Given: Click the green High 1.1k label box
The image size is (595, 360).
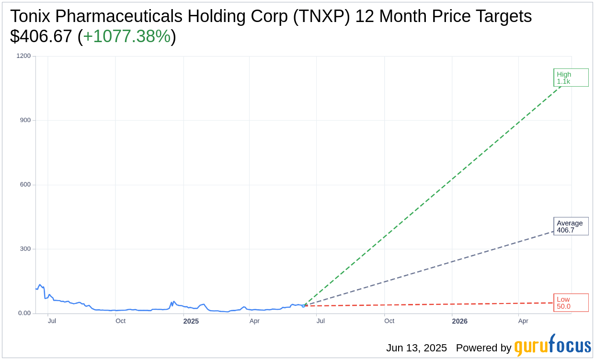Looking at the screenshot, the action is pyautogui.click(x=571, y=78).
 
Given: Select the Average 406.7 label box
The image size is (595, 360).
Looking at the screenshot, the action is pyautogui.click(x=571, y=226).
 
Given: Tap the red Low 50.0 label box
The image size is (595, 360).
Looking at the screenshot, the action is pyautogui.click(x=571, y=303).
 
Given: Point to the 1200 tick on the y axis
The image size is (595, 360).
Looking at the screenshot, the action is pyautogui.click(x=23, y=56).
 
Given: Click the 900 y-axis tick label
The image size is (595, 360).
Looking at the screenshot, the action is pyautogui.click(x=25, y=120).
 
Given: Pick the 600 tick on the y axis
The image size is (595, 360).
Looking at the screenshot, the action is pyautogui.click(x=25, y=185).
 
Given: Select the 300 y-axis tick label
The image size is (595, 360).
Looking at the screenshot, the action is pyautogui.click(x=25, y=249).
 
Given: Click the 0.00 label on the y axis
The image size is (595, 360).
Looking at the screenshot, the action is pyautogui.click(x=24, y=313).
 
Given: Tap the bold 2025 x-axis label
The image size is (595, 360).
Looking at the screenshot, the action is pyautogui.click(x=191, y=321).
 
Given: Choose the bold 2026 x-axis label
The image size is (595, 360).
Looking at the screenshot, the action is pyautogui.click(x=459, y=321).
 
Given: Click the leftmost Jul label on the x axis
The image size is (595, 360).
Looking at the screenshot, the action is pyautogui.click(x=52, y=321).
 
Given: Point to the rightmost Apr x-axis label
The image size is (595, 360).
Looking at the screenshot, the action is pyautogui.click(x=523, y=321).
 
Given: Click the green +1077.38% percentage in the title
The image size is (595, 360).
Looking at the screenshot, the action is pyautogui.click(x=126, y=36).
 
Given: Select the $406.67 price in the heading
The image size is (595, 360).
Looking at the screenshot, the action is pyautogui.click(x=41, y=36).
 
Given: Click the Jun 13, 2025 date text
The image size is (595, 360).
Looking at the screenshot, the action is pyautogui.click(x=416, y=348).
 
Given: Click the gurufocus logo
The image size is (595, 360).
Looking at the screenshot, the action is pyautogui.click(x=552, y=346).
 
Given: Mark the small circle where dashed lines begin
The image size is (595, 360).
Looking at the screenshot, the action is pyautogui.click(x=303, y=305).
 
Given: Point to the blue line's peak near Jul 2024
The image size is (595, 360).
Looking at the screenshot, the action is pyautogui.click(x=40, y=285).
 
